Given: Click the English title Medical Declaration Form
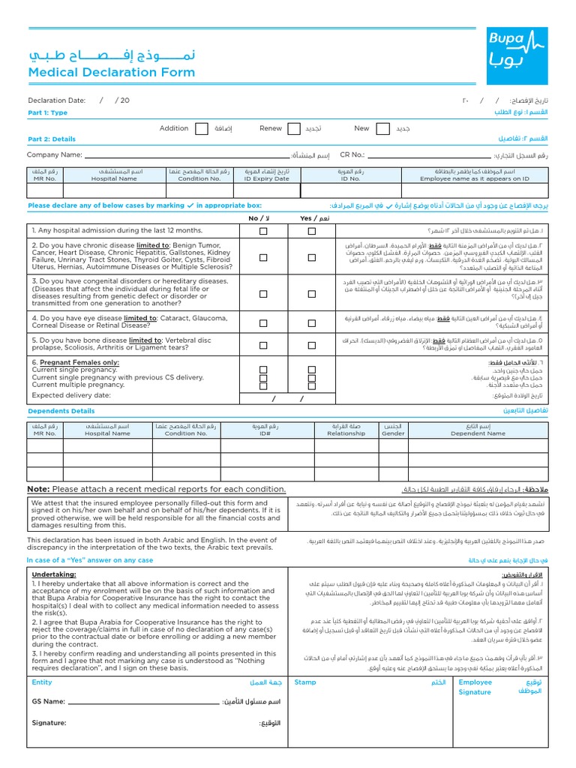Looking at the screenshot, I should click(111, 73).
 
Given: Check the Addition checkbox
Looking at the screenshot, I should click(202, 129).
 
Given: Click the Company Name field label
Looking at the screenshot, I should click(54, 154).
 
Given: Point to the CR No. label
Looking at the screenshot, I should click(352, 154).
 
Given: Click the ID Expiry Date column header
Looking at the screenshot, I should click(266, 178).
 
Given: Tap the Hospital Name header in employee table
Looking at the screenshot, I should click(115, 178).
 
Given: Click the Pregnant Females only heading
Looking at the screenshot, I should click(75, 361).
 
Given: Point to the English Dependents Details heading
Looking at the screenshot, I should click(61, 411).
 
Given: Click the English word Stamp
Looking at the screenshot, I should click(305, 682).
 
